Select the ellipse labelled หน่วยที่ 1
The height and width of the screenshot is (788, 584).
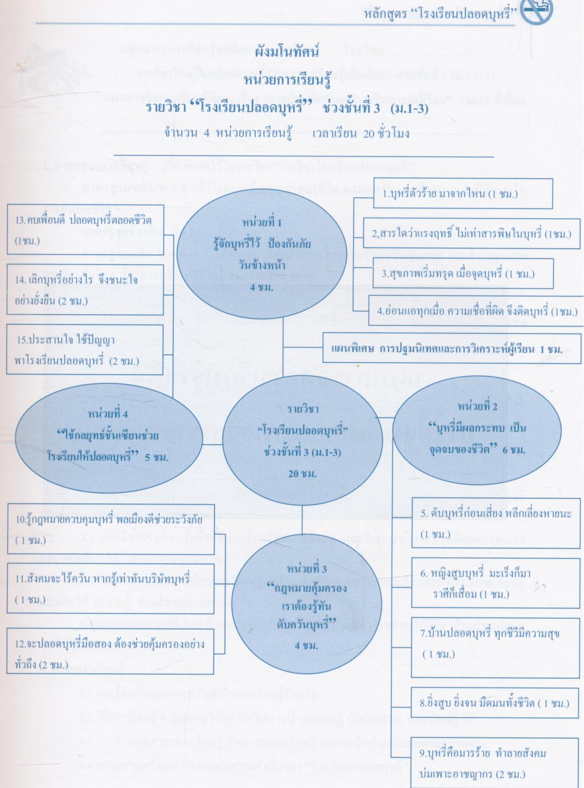(x=262, y=254)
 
